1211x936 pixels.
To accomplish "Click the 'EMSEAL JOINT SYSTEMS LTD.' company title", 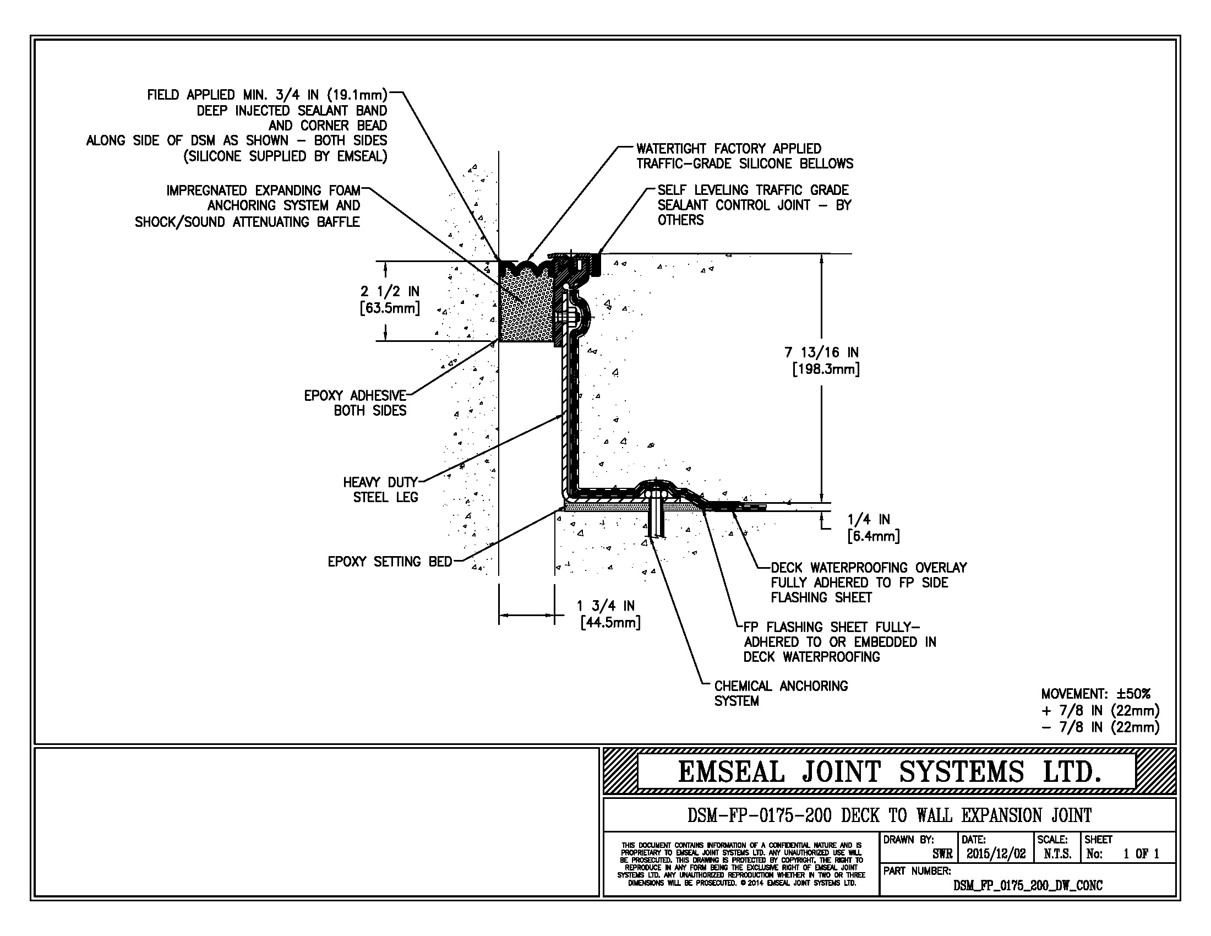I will (x=889, y=772).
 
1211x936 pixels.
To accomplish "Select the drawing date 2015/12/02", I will (x=996, y=854).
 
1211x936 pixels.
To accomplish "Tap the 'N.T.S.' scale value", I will (x=1057, y=854).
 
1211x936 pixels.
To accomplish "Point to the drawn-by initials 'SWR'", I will (x=942, y=855).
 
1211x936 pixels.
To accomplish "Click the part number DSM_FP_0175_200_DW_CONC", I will (x=1028, y=885).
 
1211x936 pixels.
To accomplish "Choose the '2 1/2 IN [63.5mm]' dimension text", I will (x=390, y=300).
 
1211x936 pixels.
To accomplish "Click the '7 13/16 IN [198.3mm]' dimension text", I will (x=822, y=361).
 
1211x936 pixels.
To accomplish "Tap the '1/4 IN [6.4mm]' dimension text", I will (x=873, y=527).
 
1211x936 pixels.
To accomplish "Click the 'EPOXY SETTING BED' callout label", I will (x=390, y=562).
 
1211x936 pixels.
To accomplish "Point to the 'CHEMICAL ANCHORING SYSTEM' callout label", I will (x=781, y=693).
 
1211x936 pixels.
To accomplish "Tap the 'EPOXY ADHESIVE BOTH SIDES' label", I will (x=356, y=403).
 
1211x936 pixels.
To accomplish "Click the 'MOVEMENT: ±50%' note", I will (x=1095, y=694).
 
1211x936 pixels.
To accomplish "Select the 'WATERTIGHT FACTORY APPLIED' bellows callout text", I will (x=729, y=149).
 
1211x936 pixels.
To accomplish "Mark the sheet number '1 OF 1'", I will (x=1141, y=854).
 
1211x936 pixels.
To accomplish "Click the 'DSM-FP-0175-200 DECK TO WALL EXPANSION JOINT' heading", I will (x=890, y=815).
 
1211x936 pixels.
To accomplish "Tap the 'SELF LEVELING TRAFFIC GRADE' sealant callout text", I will (x=753, y=190).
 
